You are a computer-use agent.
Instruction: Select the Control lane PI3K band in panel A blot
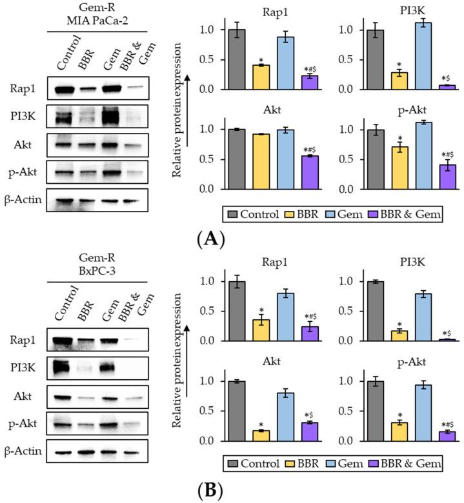point(66,117)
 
